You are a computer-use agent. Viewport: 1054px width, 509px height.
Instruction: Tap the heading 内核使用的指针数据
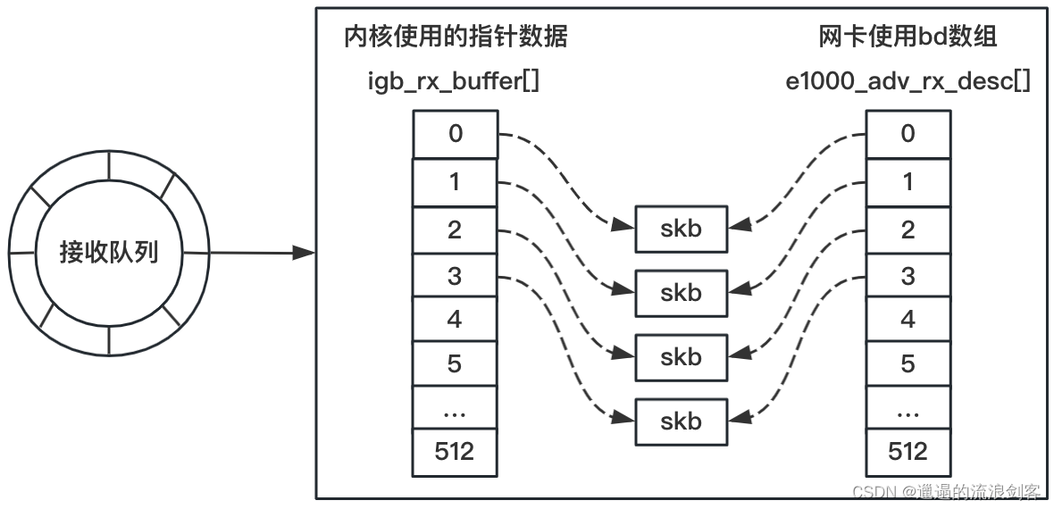coord(456,37)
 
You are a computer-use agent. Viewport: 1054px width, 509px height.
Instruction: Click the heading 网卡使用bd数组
coord(908,37)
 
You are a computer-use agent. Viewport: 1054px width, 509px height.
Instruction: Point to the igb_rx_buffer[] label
coord(454,82)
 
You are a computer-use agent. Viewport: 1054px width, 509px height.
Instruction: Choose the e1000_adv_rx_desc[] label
coord(908,82)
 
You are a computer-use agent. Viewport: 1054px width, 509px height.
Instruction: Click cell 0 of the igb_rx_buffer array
coord(455,134)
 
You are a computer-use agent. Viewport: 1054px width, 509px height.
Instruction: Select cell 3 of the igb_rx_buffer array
coord(455,276)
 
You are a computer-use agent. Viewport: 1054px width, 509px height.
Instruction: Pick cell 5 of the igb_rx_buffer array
coord(455,363)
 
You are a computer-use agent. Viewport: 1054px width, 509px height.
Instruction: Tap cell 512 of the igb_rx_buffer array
coord(455,451)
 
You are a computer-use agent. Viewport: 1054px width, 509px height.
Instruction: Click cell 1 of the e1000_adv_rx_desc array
coord(908,182)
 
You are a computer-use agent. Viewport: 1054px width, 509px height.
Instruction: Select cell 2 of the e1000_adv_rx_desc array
coord(908,229)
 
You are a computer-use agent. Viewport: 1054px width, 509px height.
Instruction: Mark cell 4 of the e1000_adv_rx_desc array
coord(908,319)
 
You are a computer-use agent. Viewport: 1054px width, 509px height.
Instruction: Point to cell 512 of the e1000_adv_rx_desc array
coord(908,451)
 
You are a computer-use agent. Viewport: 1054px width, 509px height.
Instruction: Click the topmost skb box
coord(681,229)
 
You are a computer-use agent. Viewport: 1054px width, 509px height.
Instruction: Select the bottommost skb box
coord(681,421)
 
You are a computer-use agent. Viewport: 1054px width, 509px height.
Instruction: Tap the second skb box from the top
coord(681,293)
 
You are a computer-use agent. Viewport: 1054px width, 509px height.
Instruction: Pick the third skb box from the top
coord(681,357)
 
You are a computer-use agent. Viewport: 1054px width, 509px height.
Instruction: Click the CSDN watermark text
coord(947,492)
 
